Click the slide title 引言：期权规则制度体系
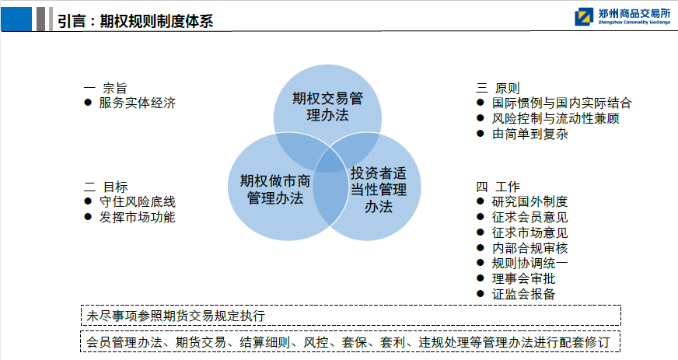point(135,21)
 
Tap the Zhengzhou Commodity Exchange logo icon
point(584,17)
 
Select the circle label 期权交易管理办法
point(327,107)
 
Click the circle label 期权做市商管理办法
point(275,189)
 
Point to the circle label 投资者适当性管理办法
point(379,190)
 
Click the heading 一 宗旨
point(105,88)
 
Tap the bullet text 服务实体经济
point(137,103)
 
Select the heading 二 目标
point(106,187)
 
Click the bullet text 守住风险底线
point(137,202)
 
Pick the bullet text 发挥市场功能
point(137,217)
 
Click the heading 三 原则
point(498,88)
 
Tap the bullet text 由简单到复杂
point(529,134)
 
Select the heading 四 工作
point(498,187)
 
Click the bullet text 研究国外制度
point(529,201)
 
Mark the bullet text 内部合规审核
point(529,248)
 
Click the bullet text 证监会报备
point(523,295)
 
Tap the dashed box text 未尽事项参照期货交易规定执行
point(176,316)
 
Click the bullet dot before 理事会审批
point(480,278)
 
